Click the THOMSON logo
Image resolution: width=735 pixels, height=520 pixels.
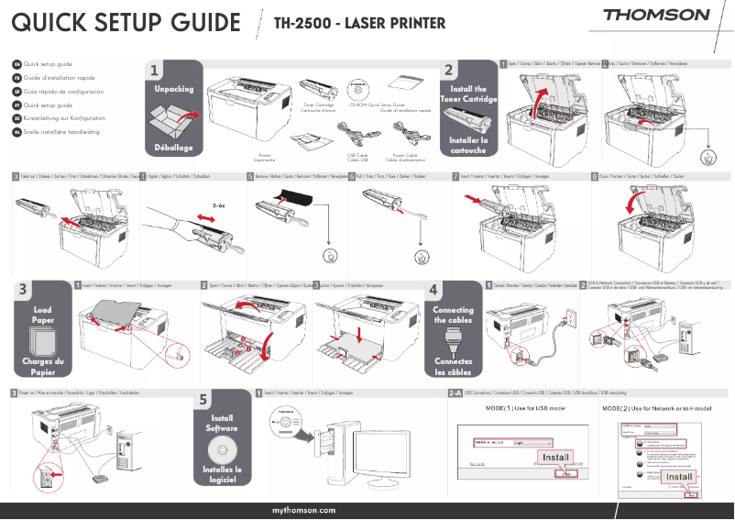pos(656,16)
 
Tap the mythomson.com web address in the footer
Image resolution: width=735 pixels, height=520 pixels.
pos(304,509)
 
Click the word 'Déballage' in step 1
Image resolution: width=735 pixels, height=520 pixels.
pos(173,147)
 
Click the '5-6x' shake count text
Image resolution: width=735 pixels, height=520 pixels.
pos(218,207)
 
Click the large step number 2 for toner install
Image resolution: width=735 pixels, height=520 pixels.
pos(448,70)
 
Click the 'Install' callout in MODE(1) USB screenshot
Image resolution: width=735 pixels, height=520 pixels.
pos(556,457)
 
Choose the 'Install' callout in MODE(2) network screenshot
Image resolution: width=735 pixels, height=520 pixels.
pos(679,477)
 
